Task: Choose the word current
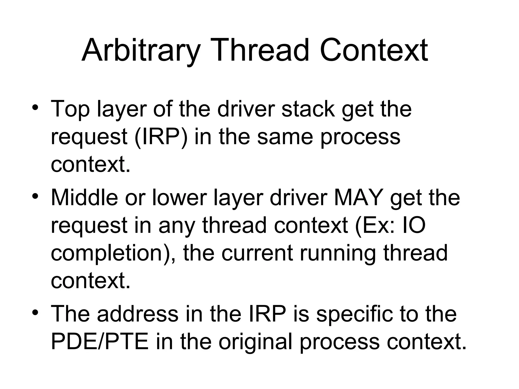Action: (257, 253)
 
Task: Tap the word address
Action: (138, 314)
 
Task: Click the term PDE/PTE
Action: (100, 342)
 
